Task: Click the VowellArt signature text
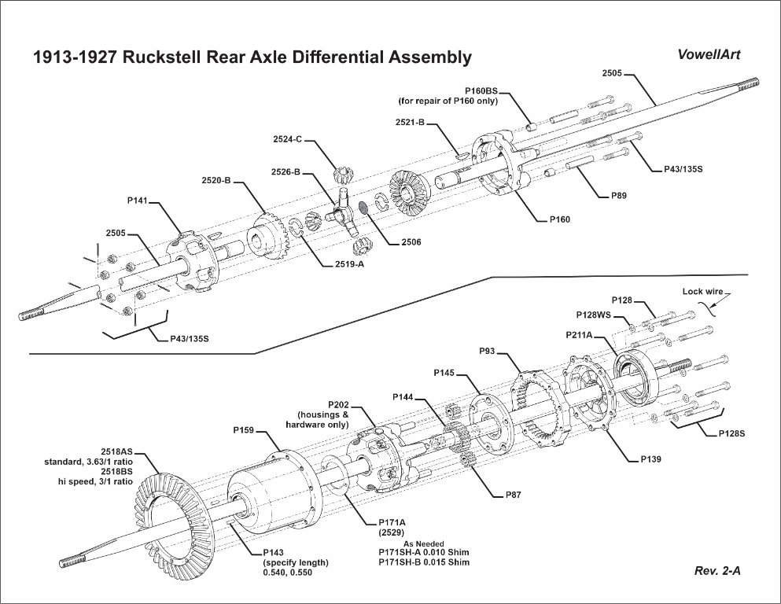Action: pyautogui.click(x=708, y=55)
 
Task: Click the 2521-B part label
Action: pyautogui.click(x=410, y=123)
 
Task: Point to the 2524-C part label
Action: pyautogui.click(x=288, y=139)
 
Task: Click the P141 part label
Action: pyautogui.click(x=138, y=201)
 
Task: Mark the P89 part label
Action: pyautogui.click(x=619, y=195)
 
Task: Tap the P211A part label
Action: pyautogui.click(x=582, y=335)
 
